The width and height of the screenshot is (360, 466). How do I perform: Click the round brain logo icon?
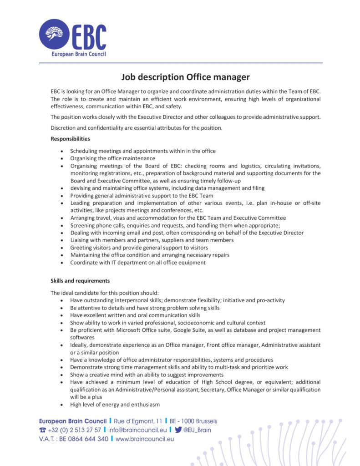coord(54,34)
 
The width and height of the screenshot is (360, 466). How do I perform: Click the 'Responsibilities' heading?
coord(70,139)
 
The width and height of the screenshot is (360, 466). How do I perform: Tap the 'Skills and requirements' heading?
coord(80,281)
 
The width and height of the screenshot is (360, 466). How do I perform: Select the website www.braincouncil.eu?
coord(145,439)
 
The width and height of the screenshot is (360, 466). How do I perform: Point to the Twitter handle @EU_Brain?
coord(197,430)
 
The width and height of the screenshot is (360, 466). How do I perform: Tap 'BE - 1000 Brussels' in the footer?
coord(193,421)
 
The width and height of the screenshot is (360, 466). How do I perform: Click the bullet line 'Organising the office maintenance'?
coord(112,158)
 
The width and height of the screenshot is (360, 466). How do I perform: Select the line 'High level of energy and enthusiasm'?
coord(115,405)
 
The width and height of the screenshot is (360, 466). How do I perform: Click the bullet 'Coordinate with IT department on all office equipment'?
coord(137,263)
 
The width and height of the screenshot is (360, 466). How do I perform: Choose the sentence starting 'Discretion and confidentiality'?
coord(137,128)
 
